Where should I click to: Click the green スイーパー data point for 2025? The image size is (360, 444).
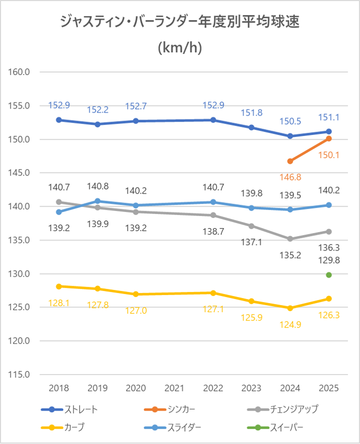(x=329, y=275)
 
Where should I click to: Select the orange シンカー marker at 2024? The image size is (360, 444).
(x=290, y=161)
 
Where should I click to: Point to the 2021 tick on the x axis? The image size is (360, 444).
(x=174, y=389)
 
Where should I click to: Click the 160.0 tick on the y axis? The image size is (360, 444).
(x=20, y=72)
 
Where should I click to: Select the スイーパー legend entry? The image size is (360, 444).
(x=287, y=427)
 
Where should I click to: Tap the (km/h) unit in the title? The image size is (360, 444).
(x=180, y=48)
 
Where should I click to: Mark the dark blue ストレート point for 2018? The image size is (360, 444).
(x=59, y=120)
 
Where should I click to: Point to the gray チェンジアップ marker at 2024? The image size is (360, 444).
(x=290, y=239)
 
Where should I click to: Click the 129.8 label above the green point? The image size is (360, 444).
(x=329, y=260)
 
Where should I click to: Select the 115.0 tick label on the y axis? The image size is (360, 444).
(x=20, y=375)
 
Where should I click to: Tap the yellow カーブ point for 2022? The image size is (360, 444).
(x=213, y=293)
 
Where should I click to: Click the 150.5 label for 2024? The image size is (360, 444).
(x=290, y=121)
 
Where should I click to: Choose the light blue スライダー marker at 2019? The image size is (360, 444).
(x=97, y=201)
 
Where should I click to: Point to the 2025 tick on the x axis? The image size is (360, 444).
(x=329, y=389)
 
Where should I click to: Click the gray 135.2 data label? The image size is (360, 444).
(x=290, y=255)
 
